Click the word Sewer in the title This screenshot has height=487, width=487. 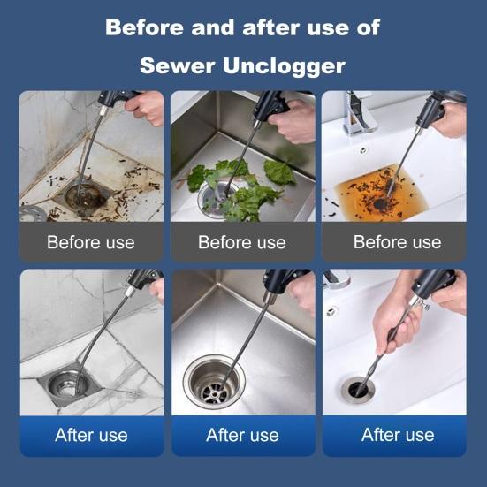point(177,65)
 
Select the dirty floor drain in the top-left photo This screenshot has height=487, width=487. point(82,194)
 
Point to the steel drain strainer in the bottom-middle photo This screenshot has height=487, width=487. point(214,382)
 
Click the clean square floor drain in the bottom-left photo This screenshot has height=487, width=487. point(69,384)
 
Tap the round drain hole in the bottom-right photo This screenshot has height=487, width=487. point(358,390)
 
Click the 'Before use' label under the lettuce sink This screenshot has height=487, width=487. point(242,242)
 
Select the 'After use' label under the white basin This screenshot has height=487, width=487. point(398,435)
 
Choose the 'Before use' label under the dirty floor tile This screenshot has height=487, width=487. point(91,242)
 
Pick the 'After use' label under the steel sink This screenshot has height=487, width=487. point(242,435)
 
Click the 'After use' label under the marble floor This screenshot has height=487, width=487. point(91,435)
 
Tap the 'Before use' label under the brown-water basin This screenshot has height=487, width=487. point(397,242)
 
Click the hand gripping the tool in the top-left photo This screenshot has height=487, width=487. point(146,107)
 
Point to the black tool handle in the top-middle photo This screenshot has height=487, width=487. point(270,106)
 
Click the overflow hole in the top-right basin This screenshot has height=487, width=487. point(362,150)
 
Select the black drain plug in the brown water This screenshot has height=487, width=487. point(380,204)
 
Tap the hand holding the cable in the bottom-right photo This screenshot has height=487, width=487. point(394,326)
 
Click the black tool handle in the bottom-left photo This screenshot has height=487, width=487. point(143,278)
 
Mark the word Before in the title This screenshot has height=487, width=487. point(144,27)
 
